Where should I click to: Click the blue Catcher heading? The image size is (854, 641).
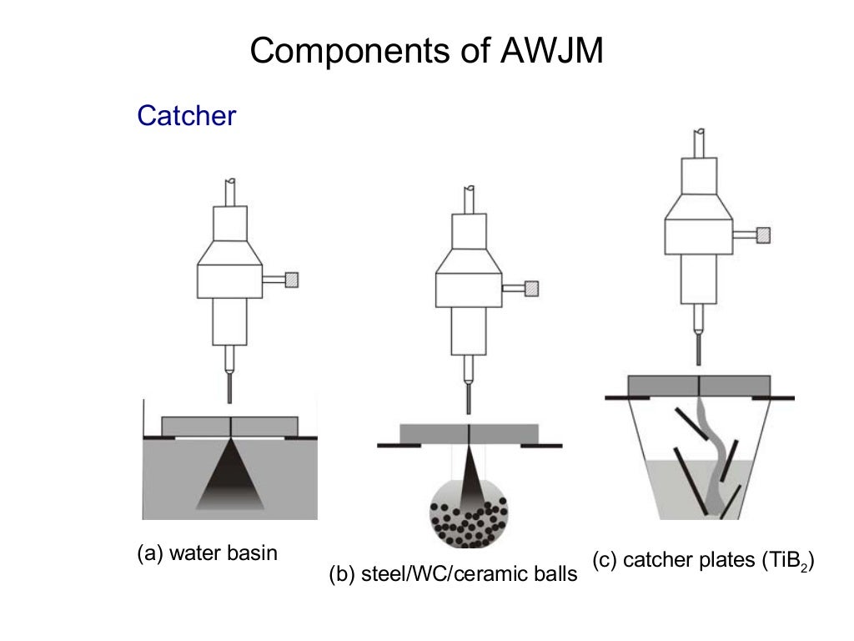coord(186,115)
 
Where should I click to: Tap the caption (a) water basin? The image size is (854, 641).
coord(206,553)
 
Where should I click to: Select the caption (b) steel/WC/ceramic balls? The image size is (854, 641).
coord(453,575)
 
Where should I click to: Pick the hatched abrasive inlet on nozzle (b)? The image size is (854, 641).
coord(530,289)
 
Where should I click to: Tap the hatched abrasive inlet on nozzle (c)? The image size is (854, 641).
coord(763,235)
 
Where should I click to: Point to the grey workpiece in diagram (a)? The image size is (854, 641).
coord(229,426)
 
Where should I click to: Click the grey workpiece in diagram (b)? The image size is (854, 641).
coord(469,434)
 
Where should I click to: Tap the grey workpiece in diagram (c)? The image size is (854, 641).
coord(699,385)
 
